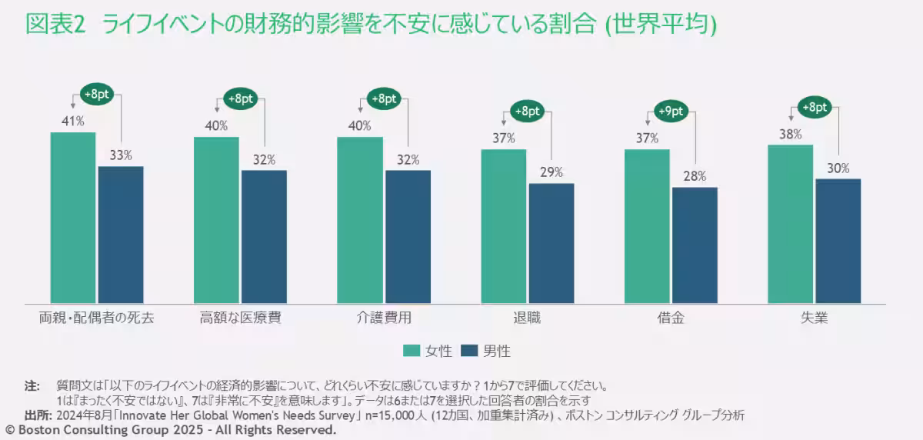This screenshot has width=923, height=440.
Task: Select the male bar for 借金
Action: coord(695,245)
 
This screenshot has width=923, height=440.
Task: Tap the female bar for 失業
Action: coord(790,224)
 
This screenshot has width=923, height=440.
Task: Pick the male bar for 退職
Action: coord(551,243)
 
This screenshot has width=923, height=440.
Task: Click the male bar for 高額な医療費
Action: coord(264,237)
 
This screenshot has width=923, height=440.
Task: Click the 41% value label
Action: coord(73,121)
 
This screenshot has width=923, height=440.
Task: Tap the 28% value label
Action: coord(695,176)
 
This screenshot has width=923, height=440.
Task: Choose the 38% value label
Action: coord(790,133)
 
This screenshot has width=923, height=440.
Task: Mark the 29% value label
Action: coord(551,172)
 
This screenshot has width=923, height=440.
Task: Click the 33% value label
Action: coord(121,155)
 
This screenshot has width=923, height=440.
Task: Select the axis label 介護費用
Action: coord(384,318)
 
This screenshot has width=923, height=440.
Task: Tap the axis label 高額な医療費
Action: coord(240,318)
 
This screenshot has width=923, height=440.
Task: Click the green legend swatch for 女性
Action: coord(412,351)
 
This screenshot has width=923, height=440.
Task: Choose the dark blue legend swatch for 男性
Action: coord(470,351)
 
